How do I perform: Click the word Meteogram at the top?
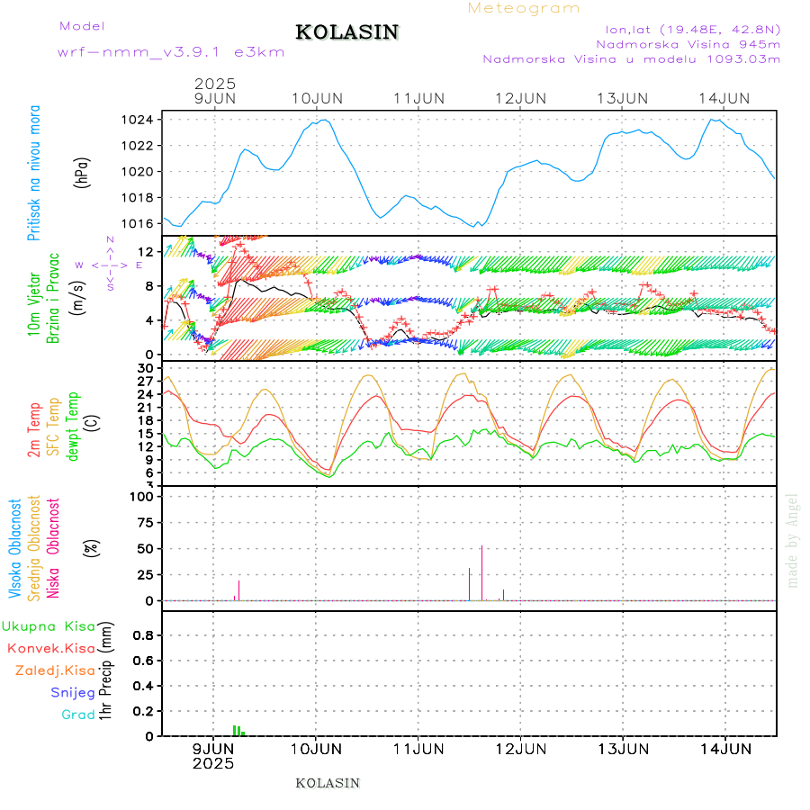pos(524,8)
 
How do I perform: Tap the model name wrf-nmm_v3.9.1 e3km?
pos(171,52)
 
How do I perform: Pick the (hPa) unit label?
pos(82,172)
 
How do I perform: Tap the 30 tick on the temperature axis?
pos(146,368)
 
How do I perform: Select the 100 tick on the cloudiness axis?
pos(144,497)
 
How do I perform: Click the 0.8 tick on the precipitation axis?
pos(142,634)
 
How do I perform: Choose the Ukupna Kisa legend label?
pos(49,625)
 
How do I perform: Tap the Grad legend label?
pos(78,715)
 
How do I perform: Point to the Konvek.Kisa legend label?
pos(50,648)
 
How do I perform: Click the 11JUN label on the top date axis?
pos(418,98)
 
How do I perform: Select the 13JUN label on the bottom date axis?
pos(623,748)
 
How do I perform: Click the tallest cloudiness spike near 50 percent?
pos(481,571)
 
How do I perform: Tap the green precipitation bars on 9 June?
pos(238,731)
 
